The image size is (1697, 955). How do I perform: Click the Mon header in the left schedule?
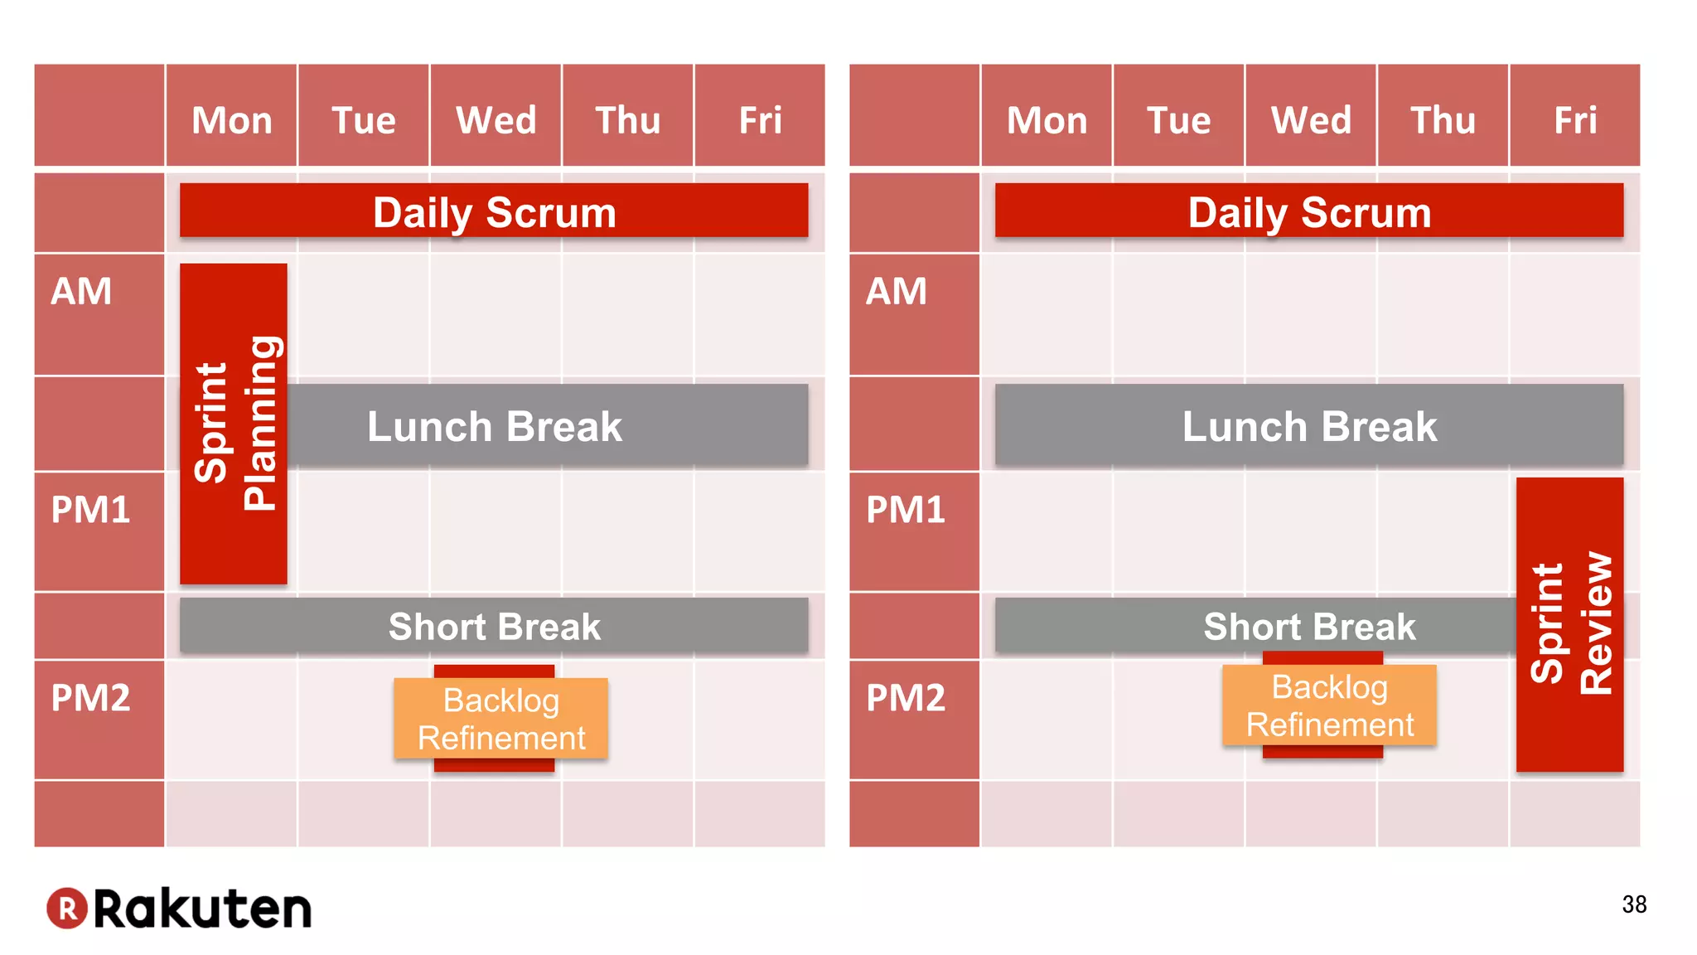(x=232, y=120)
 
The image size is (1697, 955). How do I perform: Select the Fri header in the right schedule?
(x=1575, y=120)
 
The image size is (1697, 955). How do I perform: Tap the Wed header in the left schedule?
(x=496, y=120)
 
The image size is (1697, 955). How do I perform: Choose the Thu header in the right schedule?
(x=1443, y=120)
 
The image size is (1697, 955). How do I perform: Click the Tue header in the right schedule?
(x=1178, y=120)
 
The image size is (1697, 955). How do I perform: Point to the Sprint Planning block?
(x=234, y=423)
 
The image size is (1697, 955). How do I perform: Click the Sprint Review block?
(x=1569, y=623)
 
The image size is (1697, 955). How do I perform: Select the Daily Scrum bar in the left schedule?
(x=494, y=211)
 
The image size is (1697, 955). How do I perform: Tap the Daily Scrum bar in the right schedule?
(x=1309, y=211)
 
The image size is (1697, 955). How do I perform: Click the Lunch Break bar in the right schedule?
(x=1309, y=426)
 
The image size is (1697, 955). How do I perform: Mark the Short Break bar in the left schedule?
(x=494, y=626)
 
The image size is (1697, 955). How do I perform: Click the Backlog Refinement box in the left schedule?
(x=500, y=719)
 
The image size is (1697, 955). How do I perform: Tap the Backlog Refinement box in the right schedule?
(x=1329, y=705)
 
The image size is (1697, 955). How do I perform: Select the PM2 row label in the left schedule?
(x=91, y=698)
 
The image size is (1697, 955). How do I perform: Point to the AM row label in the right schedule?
(x=897, y=292)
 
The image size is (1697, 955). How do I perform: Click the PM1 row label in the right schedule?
(x=906, y=510)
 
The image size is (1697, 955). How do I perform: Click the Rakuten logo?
(x=179, y=909)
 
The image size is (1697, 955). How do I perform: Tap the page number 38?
(x=1634, y=904)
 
